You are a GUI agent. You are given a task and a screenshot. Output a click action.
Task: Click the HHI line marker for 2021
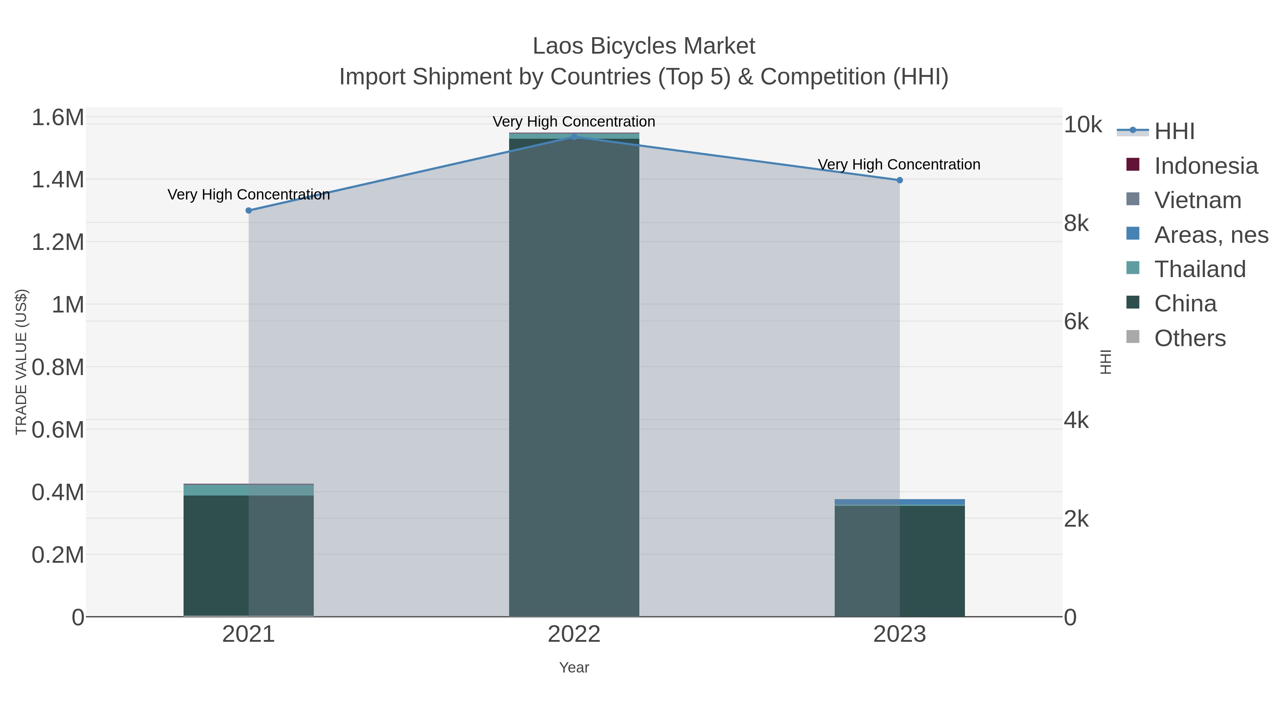[x=249, y=210]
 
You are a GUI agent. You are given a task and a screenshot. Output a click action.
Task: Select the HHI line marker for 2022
[x=574, y=137]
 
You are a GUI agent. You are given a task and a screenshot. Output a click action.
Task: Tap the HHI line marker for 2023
[x=899, y=180]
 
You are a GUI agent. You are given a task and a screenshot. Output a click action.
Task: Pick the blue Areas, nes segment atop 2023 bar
[x=899, y=502]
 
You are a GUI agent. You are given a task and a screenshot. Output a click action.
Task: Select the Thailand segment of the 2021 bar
[x=249, y=490]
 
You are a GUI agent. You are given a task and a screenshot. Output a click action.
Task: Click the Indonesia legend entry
[x=1205, y=166]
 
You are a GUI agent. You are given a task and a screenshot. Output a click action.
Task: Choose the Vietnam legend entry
[x=1197, y=200]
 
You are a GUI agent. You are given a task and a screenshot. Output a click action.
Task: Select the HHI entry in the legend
[x=1174, y=132]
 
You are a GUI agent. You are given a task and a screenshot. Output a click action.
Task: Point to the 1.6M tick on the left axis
[x=58, y=118]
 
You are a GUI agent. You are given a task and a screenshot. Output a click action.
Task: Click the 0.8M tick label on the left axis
[x=58, y=367]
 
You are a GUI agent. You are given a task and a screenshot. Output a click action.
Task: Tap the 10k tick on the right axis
[x=1083, y=124]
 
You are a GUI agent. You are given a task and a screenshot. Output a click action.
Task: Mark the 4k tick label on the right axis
[x=1076, y=421]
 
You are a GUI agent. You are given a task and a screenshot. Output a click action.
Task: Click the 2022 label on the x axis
[x=574, y=634]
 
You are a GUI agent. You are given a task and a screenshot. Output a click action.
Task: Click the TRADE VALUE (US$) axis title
[x=21, y=362]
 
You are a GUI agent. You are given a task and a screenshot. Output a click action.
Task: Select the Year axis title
[x=574, y=668]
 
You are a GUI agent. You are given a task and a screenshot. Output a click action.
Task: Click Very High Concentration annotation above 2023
[x=898, y=164]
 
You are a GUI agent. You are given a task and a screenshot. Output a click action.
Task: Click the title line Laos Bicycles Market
[x=644, y=46]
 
